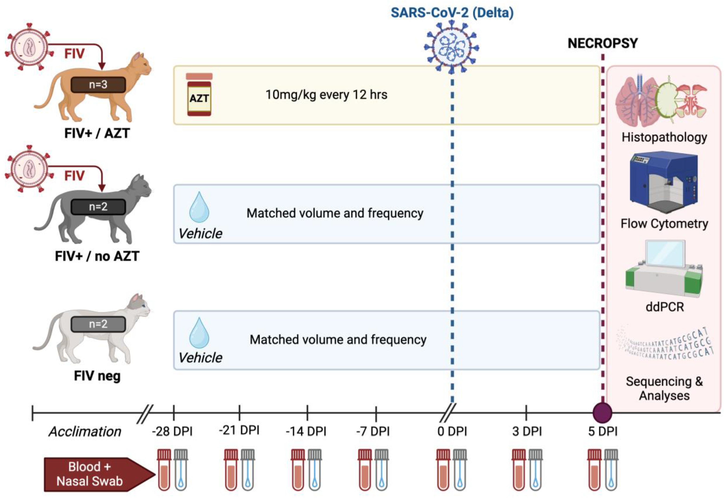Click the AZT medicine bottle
coord(199,95)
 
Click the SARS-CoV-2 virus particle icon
coord(451,47)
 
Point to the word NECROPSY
coord(602,43)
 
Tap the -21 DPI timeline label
coord(239,430)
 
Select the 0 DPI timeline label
coord(452,431)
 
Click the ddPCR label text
coord(665,307)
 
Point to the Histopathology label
coord(664,137)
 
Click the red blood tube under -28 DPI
coord(164,470)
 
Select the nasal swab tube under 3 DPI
coord(535,470)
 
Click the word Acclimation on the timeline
coord(85,431)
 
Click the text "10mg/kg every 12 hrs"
coord(326,95)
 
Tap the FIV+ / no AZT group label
coord(97,256)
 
